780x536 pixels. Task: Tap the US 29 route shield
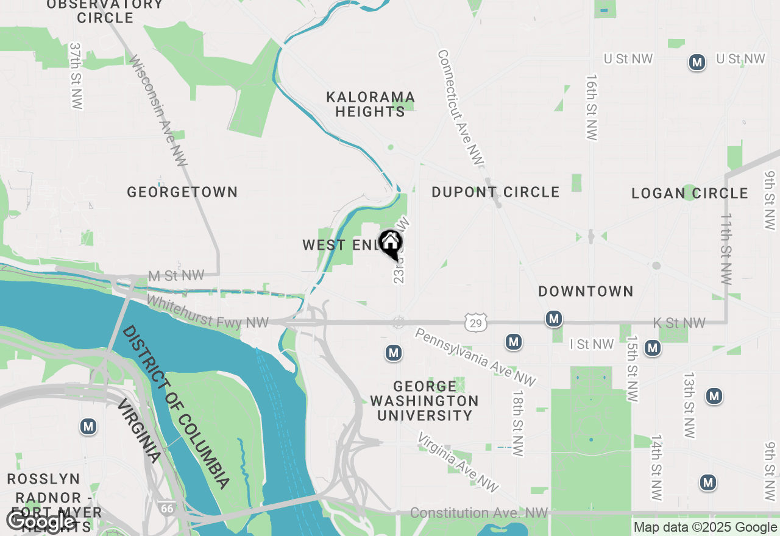[x=475, y=323]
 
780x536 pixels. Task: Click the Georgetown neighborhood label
[x=182, y=192]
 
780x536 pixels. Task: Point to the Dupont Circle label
[x=495, y=192]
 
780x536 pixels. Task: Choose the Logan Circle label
[x=689, y=193]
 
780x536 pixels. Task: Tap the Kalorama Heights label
[x=370, y=104]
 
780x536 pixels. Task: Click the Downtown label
[x=586, y=291]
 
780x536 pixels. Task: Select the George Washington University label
[x=424, y=401]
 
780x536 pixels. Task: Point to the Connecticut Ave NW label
[x=460, y=107]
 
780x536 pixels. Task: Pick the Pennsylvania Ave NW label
[x=475, y=357]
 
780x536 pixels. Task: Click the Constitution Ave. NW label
[x=479, y=513]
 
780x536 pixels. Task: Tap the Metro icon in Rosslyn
[x=88, y=427]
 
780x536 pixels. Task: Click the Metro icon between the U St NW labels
[x=697, y=62]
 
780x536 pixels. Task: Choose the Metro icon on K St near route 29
[x=553, y=319]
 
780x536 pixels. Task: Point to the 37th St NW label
[x=76, y=76]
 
